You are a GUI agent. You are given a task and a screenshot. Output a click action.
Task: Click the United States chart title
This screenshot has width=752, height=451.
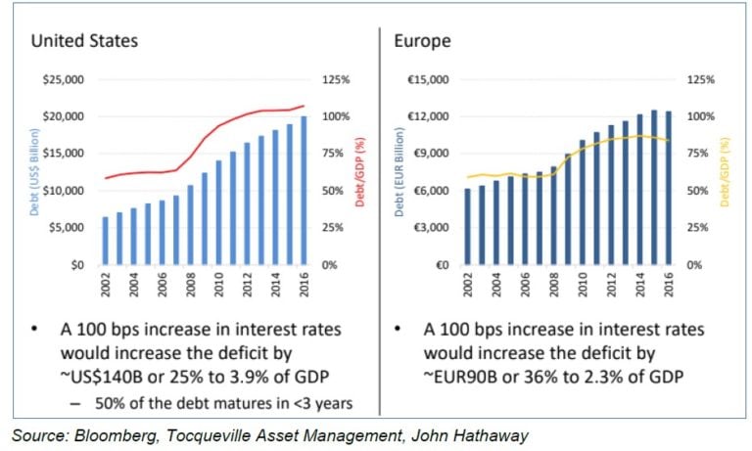[x=83, y=41]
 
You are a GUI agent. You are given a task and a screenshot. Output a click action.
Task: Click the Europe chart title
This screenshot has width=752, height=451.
[x=423, y=41]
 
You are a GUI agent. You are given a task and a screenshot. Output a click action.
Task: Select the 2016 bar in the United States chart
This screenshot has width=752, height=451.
[x=304, y=191]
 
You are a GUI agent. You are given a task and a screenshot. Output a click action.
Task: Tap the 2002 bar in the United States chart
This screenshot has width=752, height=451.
[x=106, y=241]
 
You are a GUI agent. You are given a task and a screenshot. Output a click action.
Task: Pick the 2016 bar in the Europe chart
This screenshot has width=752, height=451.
[x=669, y=188]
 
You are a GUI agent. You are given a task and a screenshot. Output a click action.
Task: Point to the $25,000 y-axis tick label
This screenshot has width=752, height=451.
[x=64, y=79]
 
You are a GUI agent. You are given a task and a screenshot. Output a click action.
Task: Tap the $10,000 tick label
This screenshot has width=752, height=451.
[x=64, y=191]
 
